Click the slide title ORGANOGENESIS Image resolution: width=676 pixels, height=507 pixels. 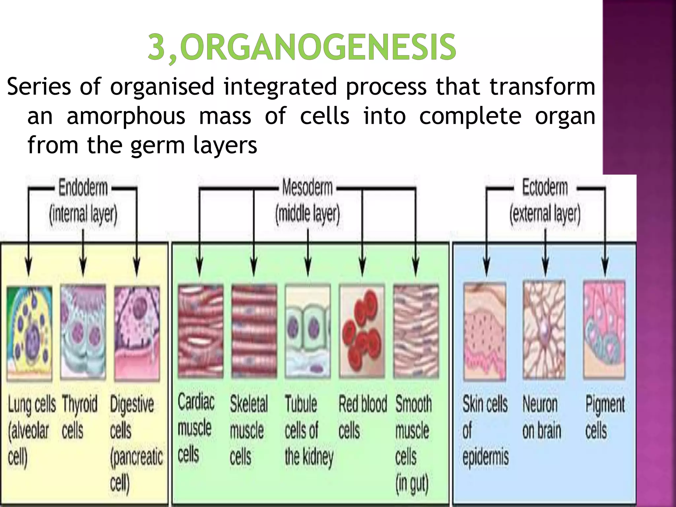coord(302,49)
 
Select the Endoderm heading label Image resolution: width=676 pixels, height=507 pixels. coord(83,188)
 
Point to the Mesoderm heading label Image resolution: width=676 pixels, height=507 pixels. coord(307,188)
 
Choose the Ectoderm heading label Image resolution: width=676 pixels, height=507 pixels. coord(545,188)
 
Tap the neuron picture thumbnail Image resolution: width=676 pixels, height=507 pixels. coord(544,330)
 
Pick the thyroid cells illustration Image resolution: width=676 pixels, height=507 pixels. coord(83,332)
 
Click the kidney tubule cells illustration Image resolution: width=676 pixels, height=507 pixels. coord(308,332)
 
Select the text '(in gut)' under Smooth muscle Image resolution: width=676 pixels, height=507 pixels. coord(412,484)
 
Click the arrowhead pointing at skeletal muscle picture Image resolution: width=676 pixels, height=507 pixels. coord(253,269)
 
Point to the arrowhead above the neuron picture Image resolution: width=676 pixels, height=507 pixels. coord(545,269)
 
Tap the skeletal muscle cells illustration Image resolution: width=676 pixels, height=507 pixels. coord(253,332)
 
